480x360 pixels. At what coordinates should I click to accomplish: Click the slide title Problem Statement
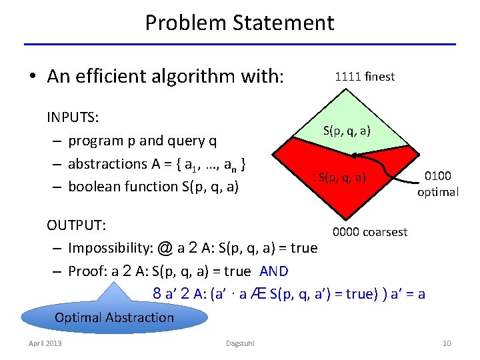[239, 23]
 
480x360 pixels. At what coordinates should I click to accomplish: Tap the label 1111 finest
[365, 77]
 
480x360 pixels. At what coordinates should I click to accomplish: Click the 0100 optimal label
[438, 184]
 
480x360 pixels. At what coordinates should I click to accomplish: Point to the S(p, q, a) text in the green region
[347, 131]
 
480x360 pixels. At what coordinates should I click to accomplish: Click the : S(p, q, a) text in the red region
[339, 177]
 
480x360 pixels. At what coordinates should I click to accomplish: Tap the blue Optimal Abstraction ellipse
[114, 317]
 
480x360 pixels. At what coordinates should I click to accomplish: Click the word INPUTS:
[73, 118]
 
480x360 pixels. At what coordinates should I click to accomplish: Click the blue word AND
[274, 271]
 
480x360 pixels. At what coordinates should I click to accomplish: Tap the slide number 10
[447, 343]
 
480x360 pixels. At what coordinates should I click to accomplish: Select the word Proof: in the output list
[89, 271]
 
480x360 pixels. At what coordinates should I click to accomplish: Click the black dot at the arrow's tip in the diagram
[356, 156]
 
